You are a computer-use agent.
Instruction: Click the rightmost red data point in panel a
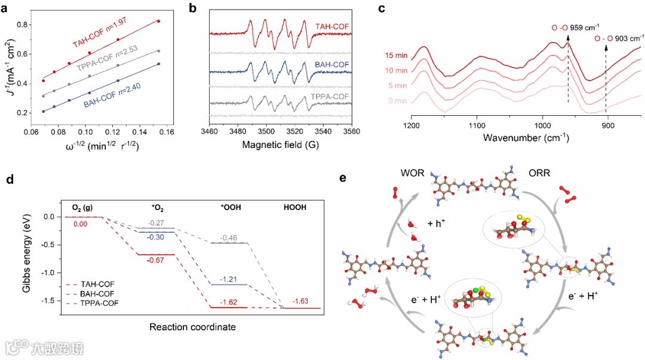(158, 21)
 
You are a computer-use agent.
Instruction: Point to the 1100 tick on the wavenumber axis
(477, 126)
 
